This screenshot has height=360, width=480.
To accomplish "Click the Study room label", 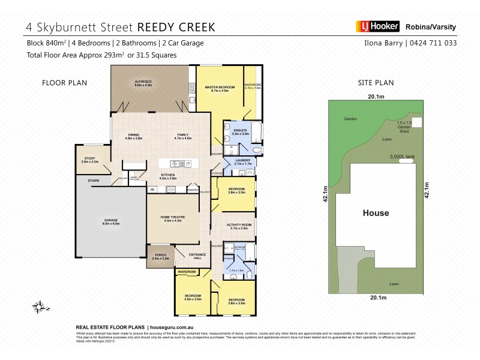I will point(90,160).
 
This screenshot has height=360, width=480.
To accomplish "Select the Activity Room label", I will point(238,226).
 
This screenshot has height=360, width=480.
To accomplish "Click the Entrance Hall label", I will point(198,256).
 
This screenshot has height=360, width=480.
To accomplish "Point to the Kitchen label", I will point(167,176).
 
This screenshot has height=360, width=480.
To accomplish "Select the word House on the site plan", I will point(376,213).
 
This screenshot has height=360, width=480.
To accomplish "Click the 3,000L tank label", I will point(402,156).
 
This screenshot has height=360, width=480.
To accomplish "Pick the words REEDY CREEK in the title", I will point(176,27).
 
